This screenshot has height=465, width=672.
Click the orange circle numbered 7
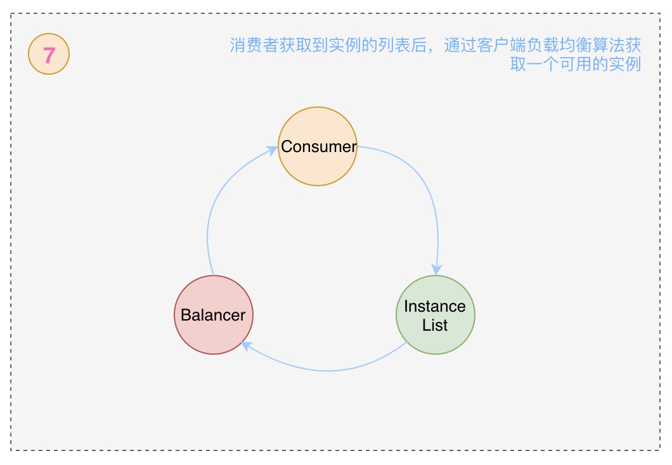coord(49,56)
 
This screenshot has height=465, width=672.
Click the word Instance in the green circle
coord(435,307)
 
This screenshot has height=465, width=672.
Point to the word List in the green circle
coord(435,326)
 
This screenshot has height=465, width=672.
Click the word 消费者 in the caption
coord(254,46)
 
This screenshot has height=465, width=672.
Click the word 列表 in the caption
coord(394,46)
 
